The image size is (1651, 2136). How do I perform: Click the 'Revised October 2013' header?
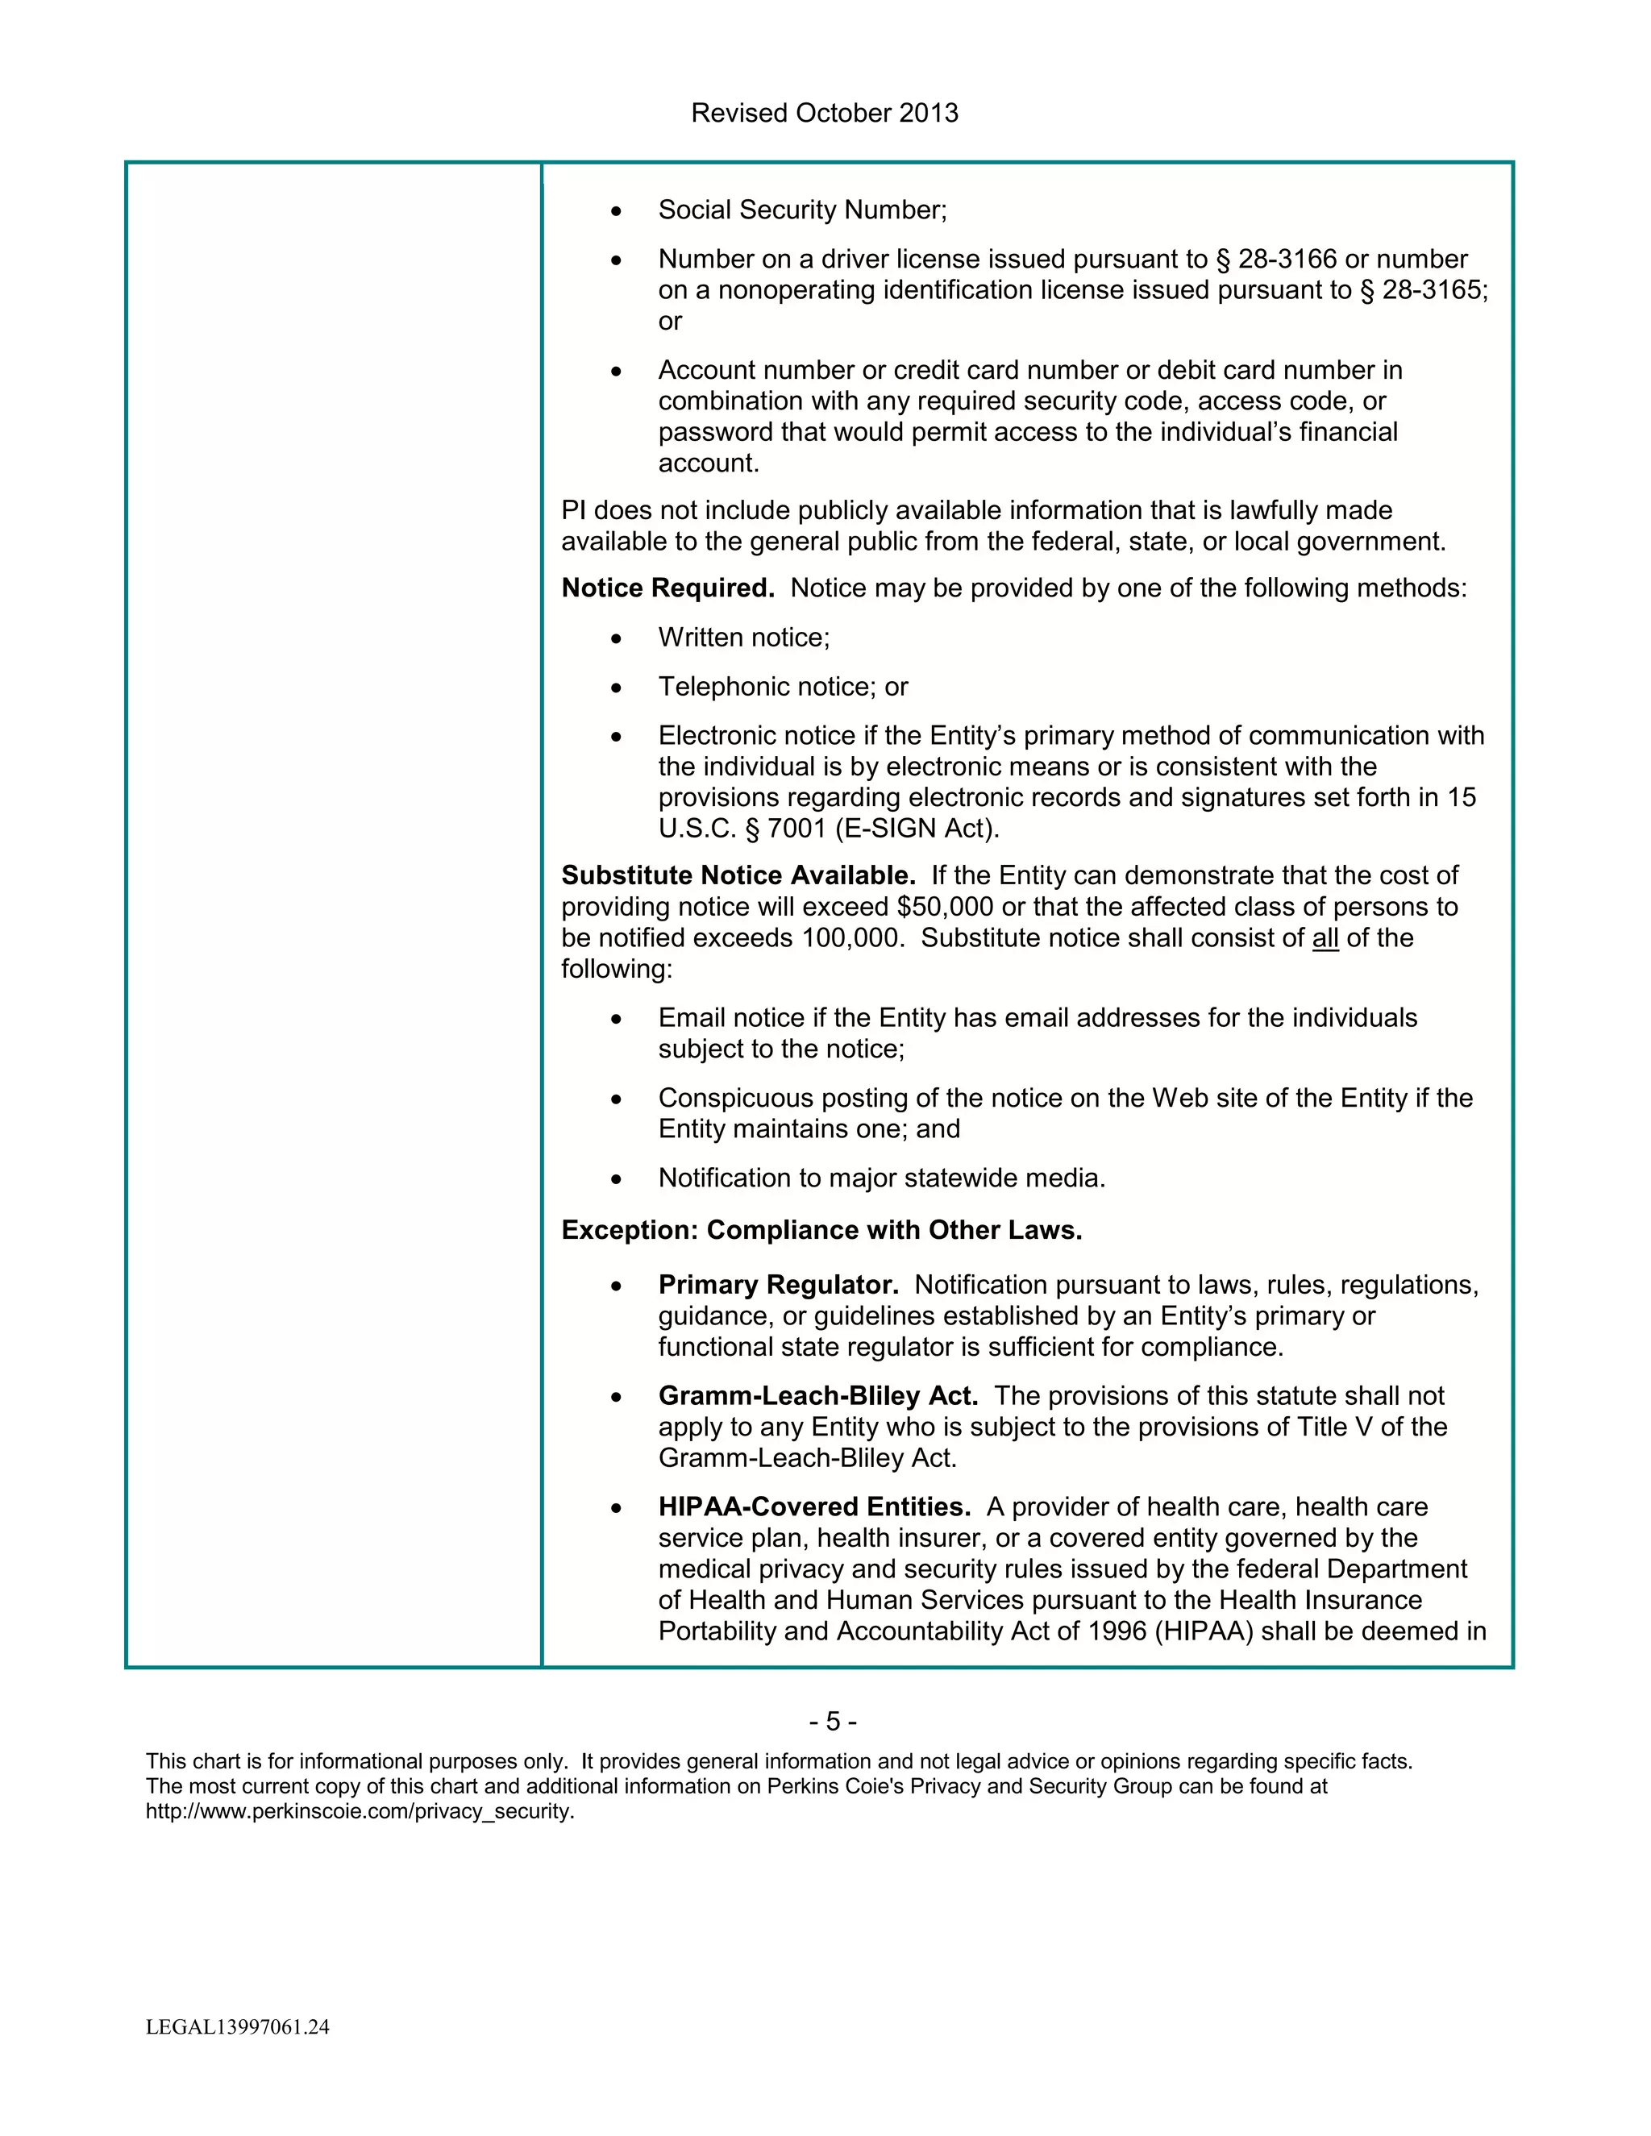pos(825,114)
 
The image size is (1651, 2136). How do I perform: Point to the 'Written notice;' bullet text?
pos(743,638)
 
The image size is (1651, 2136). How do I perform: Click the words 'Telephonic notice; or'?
pos(783,688)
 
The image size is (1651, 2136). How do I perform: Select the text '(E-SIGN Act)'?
pos(917,829)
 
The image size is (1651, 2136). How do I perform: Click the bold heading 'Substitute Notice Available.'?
pos(738,875)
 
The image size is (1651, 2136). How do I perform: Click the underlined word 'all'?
pos(1325,938)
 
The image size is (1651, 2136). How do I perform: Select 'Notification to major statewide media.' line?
pos(881,1178)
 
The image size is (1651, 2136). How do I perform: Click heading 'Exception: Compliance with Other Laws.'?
pos(821,1230)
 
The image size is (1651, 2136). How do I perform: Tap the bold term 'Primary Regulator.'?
pos(779,1285)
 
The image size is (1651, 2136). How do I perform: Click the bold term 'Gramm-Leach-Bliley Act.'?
pos(817,1397)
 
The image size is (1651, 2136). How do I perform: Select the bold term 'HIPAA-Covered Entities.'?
pos(813,1507)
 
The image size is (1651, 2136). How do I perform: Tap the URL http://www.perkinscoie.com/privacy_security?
pos(360,1811)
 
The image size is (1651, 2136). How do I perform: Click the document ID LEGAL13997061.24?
pos(238,2027)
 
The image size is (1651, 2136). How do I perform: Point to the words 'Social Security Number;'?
pos(802,210)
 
